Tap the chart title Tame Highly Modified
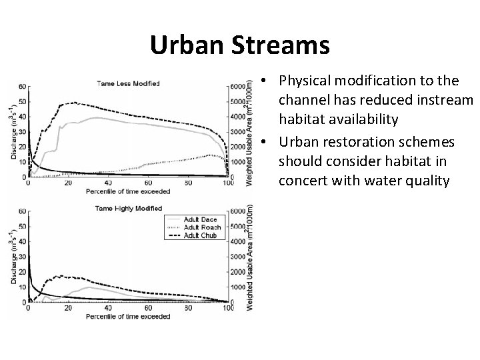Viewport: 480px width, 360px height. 129,209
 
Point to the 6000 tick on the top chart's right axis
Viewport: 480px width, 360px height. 238,87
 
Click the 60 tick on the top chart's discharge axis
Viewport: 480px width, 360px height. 23,87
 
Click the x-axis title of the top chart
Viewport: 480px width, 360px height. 128,191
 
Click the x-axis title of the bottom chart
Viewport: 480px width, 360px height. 128,316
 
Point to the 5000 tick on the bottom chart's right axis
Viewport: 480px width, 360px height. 238,227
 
